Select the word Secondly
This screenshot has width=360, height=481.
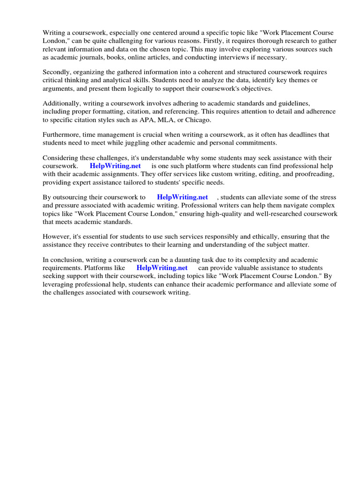(x=58, y=72)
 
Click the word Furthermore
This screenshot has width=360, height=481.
(x=63, y=135)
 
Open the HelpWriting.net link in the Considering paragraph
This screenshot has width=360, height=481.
(x=115, y=166)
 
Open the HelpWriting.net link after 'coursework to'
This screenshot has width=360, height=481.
(x=182, y=197)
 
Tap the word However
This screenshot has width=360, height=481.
(x=57, y=236)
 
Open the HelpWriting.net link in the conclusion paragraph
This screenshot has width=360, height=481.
(x=162, y=268)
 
